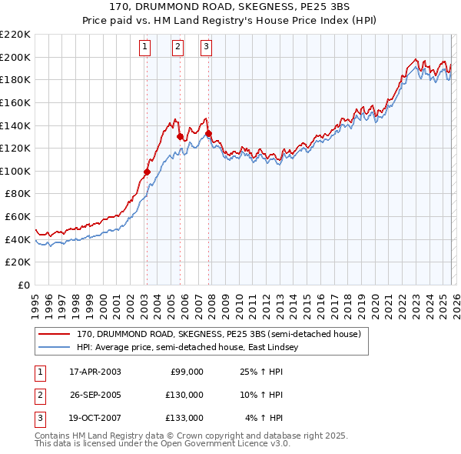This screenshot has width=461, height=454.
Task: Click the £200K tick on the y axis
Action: (16, 57)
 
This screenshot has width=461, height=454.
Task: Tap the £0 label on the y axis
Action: (25, 285)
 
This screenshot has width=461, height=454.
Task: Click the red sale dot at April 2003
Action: (147, 172)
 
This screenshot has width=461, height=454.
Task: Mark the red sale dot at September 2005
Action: (180, 137)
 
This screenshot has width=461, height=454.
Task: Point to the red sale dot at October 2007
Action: (208, 133)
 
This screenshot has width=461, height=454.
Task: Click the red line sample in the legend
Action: (55, 335)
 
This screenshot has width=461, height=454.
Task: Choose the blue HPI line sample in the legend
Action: (55, 348)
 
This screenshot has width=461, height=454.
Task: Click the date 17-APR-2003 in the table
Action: (95, 372)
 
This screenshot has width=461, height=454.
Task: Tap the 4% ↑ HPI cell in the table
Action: (264, 418)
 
